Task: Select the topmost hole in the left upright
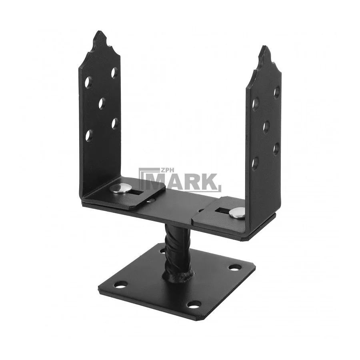click(114, 73)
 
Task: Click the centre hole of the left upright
click(102, 104)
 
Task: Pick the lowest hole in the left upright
click(89, 135)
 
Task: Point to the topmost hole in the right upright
click(277, 91)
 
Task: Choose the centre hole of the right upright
click(266, 126)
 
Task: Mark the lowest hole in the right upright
click(255, 163)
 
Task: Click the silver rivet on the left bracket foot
click(119, 188)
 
